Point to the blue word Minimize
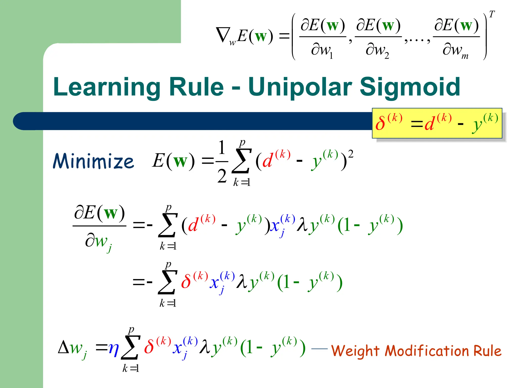(x=93, y=161)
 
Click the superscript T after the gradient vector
(x=492, y=14)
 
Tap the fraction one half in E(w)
(x=222, y=162)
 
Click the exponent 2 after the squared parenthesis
(x=351, y=154)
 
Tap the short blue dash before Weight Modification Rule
(x=319, y=349)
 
